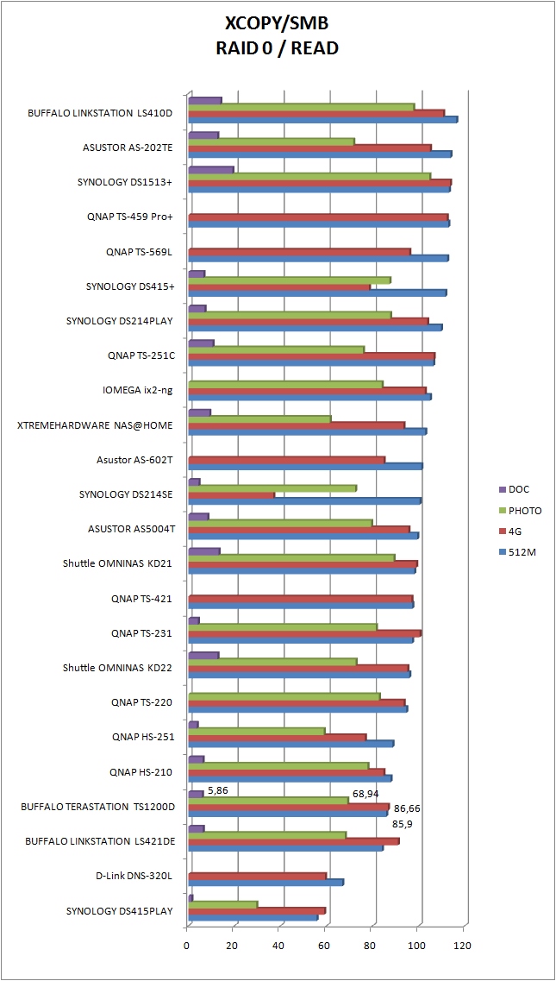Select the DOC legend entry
click(x=519, y=489)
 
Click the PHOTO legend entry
click(x=525, y=511)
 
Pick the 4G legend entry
click(x=515, y=531)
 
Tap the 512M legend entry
click(x=522, y=553)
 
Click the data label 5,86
click(x=217, y=789)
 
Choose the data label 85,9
click(x=403, y=824)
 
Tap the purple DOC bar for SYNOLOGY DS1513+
click(x=210, y=169)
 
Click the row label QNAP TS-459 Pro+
click(x=130, y=217)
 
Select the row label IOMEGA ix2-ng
click(x=138, y=390)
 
